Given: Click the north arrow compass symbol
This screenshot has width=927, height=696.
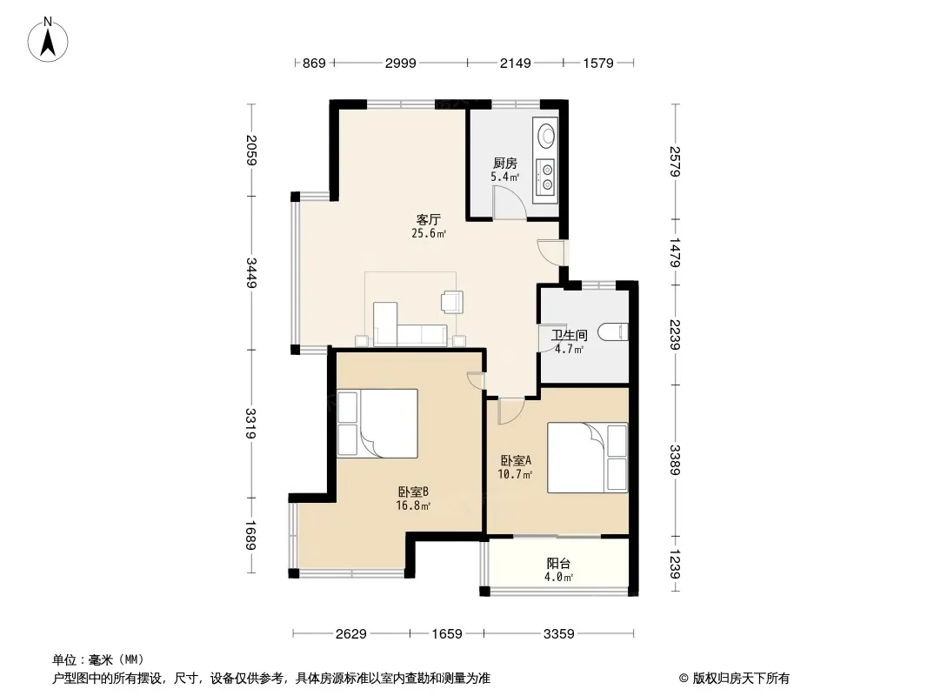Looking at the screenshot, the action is pos(48,40).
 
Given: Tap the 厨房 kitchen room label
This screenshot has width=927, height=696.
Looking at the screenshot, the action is pos(505,164).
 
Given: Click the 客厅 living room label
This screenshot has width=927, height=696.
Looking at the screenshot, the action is pos(429,220).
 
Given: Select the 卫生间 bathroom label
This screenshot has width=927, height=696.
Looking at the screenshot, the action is pos(570,335).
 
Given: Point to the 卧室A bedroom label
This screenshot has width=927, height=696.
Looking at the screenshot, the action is pos(516,460).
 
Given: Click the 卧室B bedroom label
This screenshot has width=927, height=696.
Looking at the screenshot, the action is pos(413,492).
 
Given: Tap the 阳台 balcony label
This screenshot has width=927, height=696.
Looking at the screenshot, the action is pos(558,564).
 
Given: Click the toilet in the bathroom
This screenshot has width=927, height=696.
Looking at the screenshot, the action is pos(612,332).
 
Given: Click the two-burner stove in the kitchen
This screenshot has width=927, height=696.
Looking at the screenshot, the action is pos(546,177).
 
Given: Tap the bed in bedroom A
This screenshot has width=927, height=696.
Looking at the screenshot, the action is pos(587,458).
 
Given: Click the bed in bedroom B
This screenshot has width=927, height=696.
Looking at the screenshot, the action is pos(377,424).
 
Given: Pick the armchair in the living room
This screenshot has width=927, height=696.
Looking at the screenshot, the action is pos(452,301).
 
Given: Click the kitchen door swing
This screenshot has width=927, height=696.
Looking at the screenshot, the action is pos(510,202).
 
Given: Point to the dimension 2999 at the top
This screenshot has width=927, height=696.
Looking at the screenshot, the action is pos(400,63).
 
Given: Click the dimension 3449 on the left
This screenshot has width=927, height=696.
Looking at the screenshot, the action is pos(250,273).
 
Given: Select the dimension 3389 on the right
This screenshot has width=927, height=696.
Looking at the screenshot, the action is pos(675,460).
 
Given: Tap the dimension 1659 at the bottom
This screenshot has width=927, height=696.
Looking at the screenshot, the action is pos(446,634).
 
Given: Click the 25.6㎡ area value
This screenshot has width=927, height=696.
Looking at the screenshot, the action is pos(429,233).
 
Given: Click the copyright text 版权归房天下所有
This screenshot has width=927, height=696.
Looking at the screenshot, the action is pos(741,679).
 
